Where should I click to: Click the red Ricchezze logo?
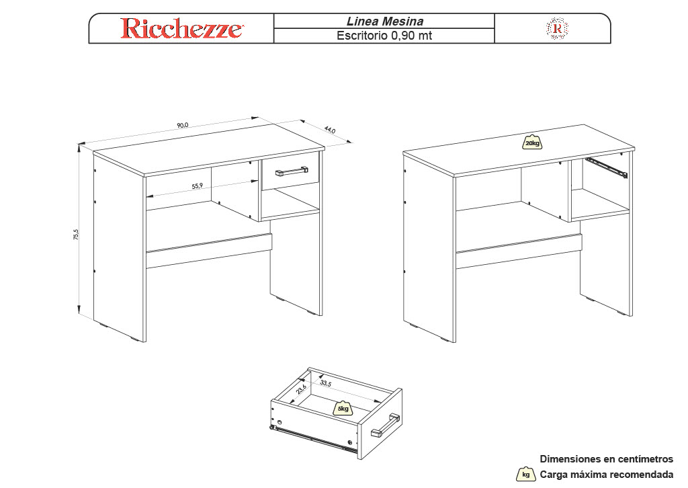[181, 28]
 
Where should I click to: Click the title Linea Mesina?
[385, 21]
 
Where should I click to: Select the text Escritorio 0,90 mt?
[384, 36]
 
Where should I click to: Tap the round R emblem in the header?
[557, 29]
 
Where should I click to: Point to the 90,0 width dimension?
[183, 125]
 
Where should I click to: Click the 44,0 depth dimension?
[329, 130]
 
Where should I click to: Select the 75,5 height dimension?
[76, 235]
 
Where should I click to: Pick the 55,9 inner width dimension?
[198, 186]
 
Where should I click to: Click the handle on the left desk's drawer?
[292, 171]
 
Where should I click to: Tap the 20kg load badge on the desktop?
[532, 143]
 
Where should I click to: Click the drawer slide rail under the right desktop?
[607, 167]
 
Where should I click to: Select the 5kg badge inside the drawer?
[343, 408]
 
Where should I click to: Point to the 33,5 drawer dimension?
[326, 383]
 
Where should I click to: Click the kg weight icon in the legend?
[525, 474]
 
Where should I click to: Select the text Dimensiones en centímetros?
[607, 459]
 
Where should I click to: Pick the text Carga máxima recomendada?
[607, 475]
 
